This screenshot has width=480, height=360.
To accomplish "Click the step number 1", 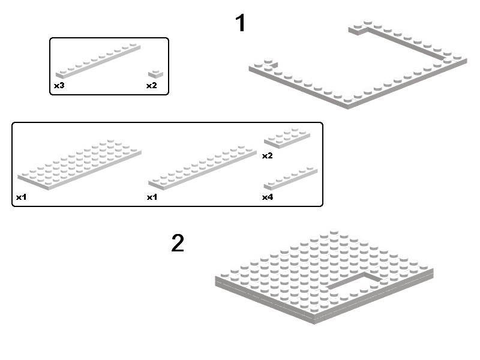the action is [x=241, y=23].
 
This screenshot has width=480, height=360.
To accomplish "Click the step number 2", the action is [x=178, y=243].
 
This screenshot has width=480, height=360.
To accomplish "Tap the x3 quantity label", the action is [x=59, y=85].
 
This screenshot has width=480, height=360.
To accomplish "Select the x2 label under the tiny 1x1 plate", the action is [x=152, y=85].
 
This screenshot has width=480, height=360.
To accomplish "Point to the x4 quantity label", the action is [x=268, y=197].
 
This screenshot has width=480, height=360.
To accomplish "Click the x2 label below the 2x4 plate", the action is [x=267, y=155].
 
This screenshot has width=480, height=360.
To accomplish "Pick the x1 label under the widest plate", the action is [x=22, y=197].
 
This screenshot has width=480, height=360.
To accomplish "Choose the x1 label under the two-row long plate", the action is [x=152, y=197].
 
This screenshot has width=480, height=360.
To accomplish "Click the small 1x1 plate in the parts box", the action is [x=155, y=74].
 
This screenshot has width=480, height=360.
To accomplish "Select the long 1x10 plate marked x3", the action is [x=98, y=61].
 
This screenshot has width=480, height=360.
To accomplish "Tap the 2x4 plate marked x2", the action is [x=287, y=138].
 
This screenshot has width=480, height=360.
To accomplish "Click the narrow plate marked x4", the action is [x=290, y=178].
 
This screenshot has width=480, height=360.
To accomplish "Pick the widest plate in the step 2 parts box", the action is [x=80, y=164].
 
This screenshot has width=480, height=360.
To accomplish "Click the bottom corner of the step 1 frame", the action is [x=348, y=109].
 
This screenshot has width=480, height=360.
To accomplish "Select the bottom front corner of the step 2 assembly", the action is [x=314, y=323].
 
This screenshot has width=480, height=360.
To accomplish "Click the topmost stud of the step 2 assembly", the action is [x=334, y=231].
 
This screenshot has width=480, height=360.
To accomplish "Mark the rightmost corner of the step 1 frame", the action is [x=467, y=61].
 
